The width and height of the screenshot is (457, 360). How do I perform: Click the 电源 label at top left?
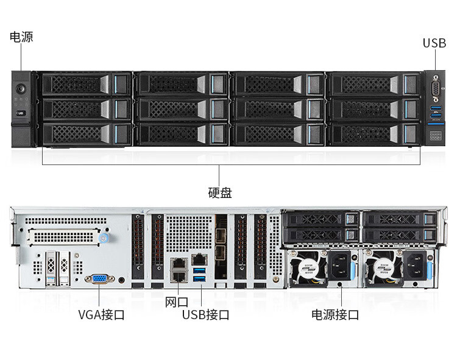click(x=21, y=37)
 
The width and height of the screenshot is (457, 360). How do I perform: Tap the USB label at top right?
click(x=434, y=43)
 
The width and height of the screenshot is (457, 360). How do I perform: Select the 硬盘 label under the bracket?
click(x=219, y=193)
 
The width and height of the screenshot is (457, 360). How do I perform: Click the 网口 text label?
click(x=177, y=302)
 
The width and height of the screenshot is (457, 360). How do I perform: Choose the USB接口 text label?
click(x=206, y=315)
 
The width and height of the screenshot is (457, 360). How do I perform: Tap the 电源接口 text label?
click(x=335, y=315)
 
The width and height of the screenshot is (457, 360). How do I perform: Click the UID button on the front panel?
click(x=20, y=113)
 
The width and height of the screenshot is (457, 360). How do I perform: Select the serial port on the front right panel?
click(x=434, y=91)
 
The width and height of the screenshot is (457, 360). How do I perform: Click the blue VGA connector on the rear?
click(x=99, y=279)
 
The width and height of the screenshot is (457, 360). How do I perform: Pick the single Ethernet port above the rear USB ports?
click(x=199, y=259)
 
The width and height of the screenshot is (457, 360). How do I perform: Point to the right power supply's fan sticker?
click(x=385, y=267)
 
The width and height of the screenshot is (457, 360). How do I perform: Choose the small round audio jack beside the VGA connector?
click(x=123, y=281)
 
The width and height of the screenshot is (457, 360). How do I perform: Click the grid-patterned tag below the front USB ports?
click(x=434, y=136)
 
